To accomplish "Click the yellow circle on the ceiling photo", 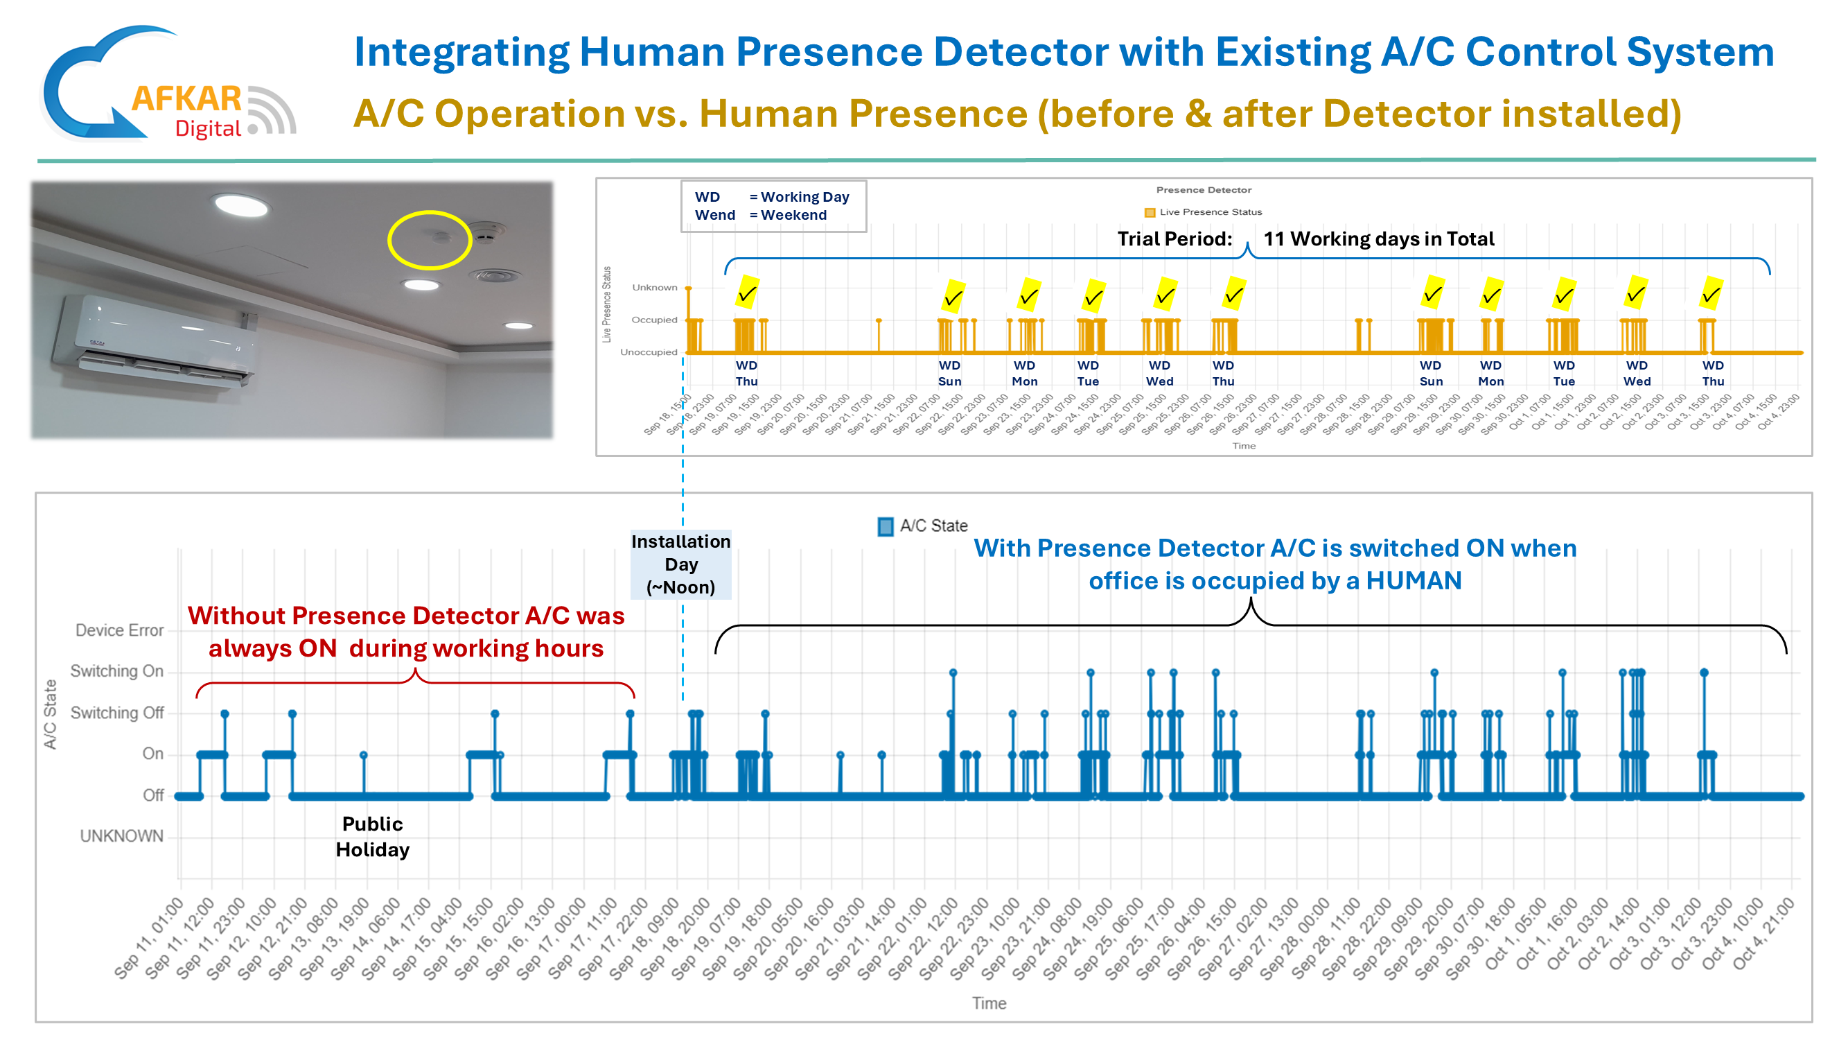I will point(430,240).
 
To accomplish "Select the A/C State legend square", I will point(886,526).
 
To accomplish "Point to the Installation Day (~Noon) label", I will point(681,564).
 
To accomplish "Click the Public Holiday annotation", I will point(372,836).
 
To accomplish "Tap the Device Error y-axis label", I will point(120,630).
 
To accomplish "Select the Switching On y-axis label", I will point(117,671).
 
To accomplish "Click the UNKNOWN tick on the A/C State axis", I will point(122,836).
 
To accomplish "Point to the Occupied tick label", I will point(653,320).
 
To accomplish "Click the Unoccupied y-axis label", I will point(649,352).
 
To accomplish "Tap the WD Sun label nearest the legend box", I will point(949,373).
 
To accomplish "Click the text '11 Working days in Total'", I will point(1378,239).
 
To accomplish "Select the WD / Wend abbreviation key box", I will point(773,206).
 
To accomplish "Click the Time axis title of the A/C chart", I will point(989,1003).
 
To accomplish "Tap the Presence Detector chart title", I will point(1203,190).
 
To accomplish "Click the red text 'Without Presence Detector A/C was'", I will point(406,616).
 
